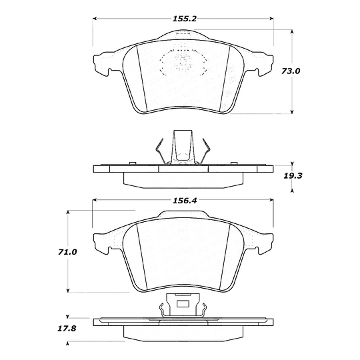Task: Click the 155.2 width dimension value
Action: (185, 19)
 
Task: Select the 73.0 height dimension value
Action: (291, 71)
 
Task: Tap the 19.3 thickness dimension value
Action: (293, 176)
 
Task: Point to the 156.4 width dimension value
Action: (185, 201)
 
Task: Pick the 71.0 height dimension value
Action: (67, 252)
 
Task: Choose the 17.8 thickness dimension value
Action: (67, 329)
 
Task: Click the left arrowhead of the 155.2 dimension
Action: (95, 19)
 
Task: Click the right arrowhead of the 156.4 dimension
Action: (271, 200)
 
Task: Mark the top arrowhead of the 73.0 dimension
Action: (292, 31)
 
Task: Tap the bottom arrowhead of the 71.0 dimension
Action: (68, 291)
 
